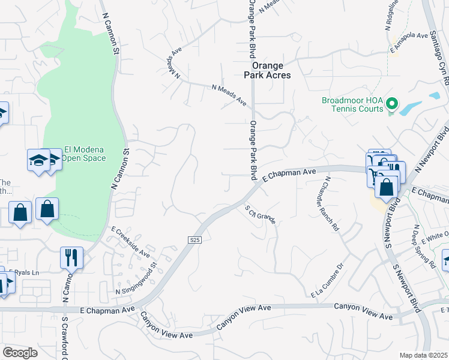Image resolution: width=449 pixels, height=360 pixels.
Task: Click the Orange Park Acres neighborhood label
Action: (271, 70)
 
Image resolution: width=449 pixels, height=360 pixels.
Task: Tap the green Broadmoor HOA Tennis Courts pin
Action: (392, 104)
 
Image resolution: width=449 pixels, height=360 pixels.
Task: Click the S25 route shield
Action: (193, 240)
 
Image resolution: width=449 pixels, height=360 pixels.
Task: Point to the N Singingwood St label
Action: (136, 282)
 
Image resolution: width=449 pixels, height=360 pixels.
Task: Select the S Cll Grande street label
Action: (260, 215)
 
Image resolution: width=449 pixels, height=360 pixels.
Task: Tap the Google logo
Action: (20, 353)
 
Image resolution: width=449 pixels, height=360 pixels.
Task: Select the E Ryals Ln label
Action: (25, 272)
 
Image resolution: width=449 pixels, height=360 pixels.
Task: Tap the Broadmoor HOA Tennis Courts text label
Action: (352, 104)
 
